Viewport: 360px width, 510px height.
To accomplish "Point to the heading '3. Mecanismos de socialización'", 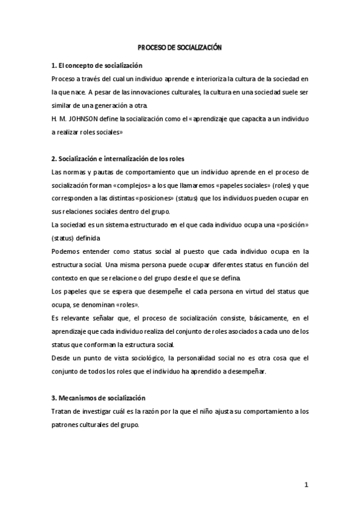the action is [x=98, y=398].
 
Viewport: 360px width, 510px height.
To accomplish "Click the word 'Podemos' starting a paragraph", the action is [x=66, y=251].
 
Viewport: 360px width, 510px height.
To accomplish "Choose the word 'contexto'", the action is [x=66, y=278].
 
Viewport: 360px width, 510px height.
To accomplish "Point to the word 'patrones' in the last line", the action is [x=67, y=424].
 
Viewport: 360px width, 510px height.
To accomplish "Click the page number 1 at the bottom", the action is [x=306, y=485].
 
